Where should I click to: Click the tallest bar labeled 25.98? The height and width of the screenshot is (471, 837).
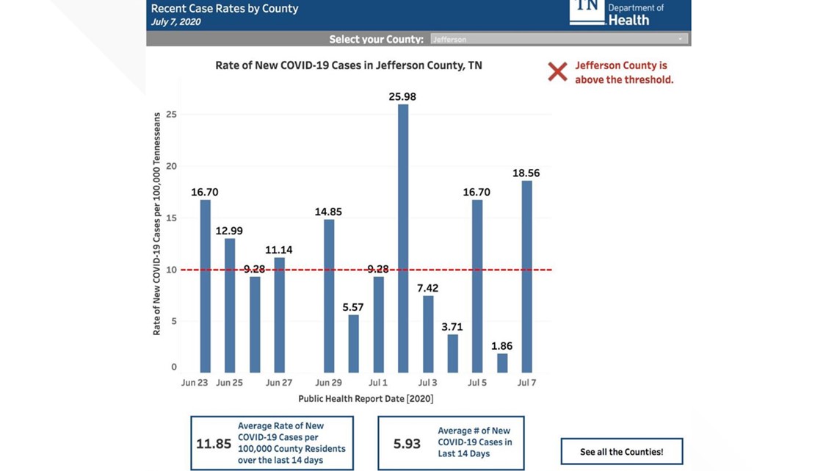coord(403,238)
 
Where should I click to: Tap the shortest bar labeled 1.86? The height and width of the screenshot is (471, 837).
coord(502,363)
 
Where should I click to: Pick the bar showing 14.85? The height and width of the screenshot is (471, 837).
coord(329,296)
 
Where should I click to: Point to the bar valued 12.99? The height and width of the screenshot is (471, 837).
coord(230,305)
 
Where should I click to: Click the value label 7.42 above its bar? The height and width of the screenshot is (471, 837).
coord(427,288)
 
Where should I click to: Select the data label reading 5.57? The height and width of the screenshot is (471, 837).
coord(353,307)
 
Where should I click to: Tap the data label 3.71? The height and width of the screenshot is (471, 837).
coord(452,327)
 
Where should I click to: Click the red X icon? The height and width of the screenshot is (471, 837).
coord(557,72)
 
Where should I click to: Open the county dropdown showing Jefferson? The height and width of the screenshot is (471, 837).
coord(559,39)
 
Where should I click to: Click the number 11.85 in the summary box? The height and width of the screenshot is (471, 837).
coord(214,444)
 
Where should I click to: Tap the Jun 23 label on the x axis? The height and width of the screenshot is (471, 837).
coord(195,383)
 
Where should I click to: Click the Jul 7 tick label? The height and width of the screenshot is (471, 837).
coord(526,383)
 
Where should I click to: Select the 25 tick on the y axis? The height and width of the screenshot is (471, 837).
coord(173,115)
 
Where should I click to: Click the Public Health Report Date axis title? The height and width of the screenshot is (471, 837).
coord(366,399)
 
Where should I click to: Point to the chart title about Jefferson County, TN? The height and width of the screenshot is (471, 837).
coord(349,65)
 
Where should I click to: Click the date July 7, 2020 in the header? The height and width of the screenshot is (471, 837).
coord(176,22)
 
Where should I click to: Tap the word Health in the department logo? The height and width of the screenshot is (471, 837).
coord(628,21)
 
